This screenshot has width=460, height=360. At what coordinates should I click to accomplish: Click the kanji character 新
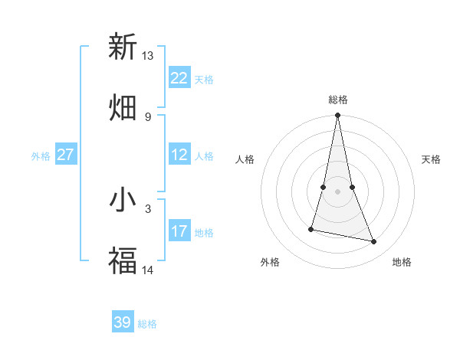[123, 47]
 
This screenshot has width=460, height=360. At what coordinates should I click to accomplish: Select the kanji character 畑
[123, 107]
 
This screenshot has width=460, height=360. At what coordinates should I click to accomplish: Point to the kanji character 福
[123, 260]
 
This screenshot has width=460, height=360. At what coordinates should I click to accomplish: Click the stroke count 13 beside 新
[148, 56]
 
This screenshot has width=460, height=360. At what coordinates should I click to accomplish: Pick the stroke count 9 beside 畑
[148, 116]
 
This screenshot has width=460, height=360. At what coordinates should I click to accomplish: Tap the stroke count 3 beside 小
[148, 208]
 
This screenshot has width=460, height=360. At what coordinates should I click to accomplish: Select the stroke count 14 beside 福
[148, 270]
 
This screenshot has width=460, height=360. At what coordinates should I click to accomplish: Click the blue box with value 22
[179, 78]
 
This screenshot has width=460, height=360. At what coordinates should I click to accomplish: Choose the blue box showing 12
[179, 155]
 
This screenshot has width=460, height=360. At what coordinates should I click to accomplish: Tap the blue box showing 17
[179, 231]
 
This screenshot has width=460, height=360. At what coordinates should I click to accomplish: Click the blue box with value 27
[66, 155]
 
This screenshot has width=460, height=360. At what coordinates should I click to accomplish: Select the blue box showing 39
[123, 322]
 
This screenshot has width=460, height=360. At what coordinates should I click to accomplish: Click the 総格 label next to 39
[147, 324]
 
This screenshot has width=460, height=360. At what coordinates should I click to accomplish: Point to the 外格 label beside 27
[41, 156]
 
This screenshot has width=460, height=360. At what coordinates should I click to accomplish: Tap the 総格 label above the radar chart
[338, 100]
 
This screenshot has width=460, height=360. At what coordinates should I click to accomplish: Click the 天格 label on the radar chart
[431, 159]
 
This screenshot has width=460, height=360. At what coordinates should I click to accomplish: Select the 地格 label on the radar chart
[402, 262]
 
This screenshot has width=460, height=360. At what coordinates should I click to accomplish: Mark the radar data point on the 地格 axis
[374, 242]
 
